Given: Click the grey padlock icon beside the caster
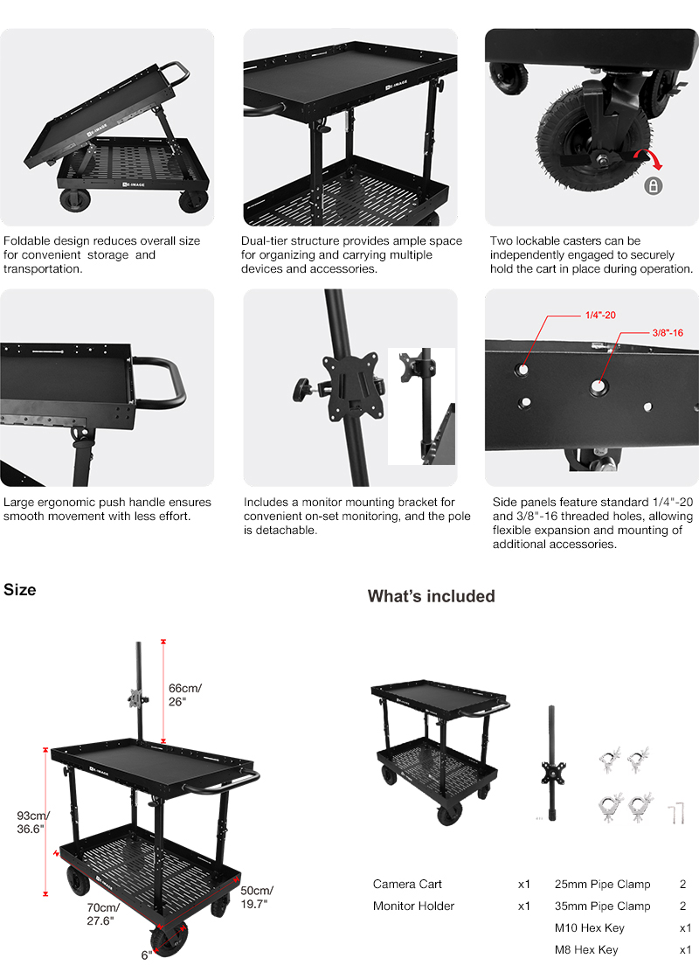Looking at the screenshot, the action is (654, 186).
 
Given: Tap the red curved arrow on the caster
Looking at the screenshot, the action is (648, 159).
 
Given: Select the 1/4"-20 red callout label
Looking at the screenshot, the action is (600, 316).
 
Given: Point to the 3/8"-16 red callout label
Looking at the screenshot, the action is (668, 333).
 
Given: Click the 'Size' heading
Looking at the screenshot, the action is (20, 589).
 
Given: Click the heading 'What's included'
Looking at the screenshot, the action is (432, 596).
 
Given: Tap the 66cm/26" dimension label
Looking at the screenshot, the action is (185, 695).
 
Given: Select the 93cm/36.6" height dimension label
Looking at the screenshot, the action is (33, 823).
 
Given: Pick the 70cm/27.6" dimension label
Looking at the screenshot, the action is (103, 914).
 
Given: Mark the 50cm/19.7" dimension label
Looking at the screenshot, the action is (257, 897).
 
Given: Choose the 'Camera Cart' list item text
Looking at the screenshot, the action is (407, 884).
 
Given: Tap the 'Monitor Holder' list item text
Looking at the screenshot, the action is (414, 906).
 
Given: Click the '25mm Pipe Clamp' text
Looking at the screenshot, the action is (602, 884).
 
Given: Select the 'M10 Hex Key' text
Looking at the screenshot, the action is (589, 927).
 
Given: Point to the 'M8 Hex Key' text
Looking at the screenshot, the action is (586, 949).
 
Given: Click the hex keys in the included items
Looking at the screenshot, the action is (676, 814).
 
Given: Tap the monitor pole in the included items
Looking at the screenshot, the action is (552, 763).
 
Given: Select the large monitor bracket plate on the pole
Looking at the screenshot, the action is (352, 385).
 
